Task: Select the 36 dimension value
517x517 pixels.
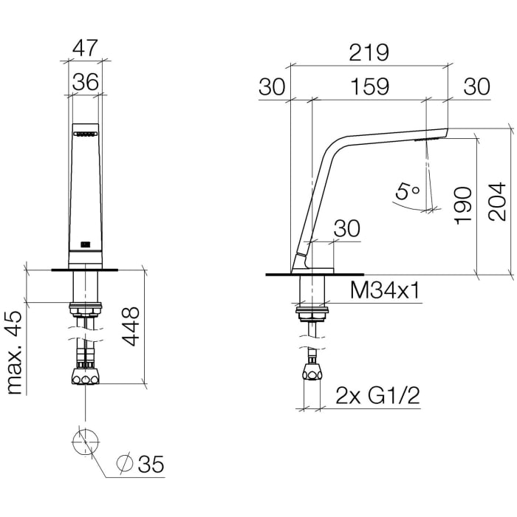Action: (x=86, y=82)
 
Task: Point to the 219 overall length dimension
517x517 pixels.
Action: (x=369, y=53)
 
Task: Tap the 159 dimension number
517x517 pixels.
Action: (x=369, y=86)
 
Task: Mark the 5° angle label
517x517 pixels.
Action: (x=407, y=192)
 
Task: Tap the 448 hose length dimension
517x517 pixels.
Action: (x=130, y=326)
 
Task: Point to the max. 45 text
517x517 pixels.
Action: (x=15, y=352)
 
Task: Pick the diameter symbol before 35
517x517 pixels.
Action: (x=126, y=465)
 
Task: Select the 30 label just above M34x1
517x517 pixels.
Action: (x=346, y=229)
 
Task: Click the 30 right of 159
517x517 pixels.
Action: (x=476, y=86)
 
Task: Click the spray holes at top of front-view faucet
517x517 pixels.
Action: (x=86, y=134)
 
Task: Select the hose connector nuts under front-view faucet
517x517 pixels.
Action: (x=86, y=377)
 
